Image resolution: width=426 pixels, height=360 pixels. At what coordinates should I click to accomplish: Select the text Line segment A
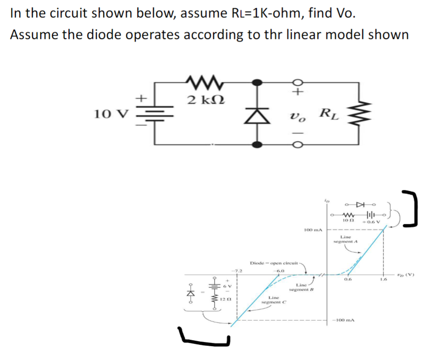(346, 239)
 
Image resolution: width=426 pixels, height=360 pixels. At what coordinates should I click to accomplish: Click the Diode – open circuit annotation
(274, 263)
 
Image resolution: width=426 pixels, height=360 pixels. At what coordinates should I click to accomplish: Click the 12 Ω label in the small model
(225, 299)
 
